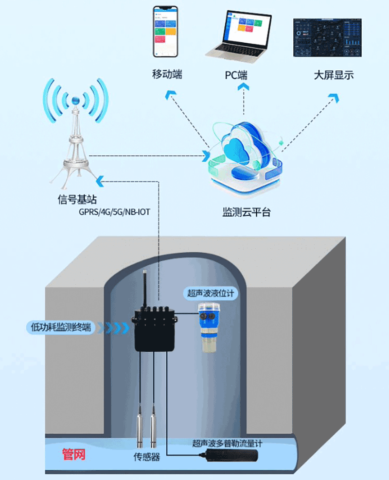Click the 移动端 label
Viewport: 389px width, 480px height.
167,74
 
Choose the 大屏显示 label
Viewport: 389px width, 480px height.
333,75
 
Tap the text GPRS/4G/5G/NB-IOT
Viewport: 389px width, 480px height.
117,212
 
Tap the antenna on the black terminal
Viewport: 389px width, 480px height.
144,289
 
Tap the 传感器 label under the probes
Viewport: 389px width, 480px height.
146,457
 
